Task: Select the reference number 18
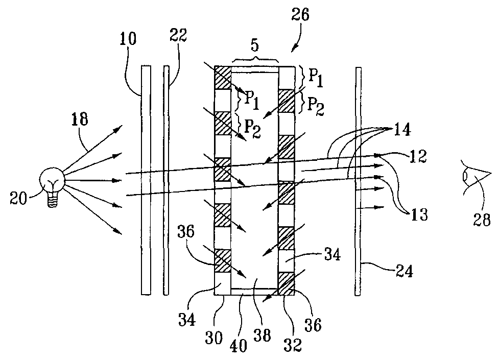[x=80, y=121]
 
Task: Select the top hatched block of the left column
[x=223, y=78]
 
